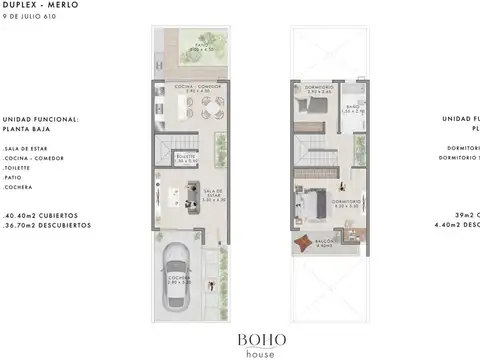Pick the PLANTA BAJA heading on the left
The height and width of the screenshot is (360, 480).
tap(27, 128)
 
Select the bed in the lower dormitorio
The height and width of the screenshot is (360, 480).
tap(315, 205)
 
